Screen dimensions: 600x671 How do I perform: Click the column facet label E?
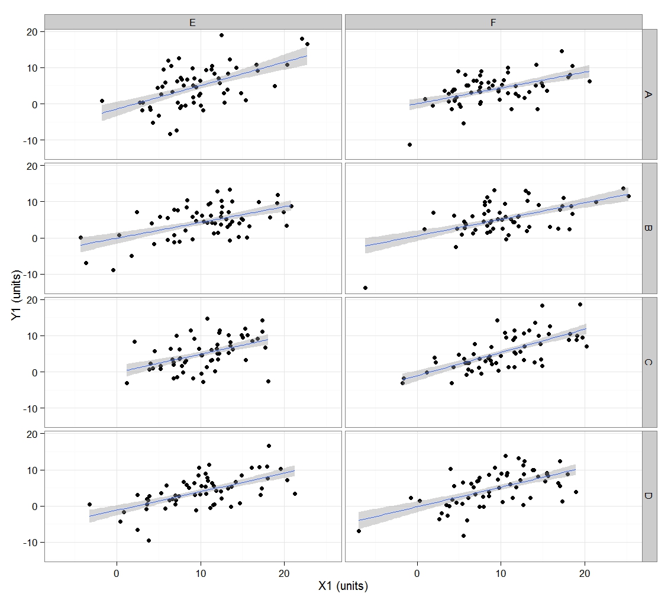point(193,22)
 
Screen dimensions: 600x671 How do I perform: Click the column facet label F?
point(493,22)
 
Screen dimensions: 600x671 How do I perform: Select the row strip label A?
point(649,94)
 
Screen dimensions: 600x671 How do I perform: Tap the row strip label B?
point(649,228)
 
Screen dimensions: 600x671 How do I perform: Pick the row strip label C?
point(649,362)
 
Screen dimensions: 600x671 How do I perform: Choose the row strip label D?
point(649,496)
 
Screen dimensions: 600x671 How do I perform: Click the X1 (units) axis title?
point(343,586)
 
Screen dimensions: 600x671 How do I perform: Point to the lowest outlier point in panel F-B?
point(365,288)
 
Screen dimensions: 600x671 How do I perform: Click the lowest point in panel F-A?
point(409,144)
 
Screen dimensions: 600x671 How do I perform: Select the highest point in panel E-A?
point(221,35)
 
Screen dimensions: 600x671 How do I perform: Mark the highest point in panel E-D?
point(269,446)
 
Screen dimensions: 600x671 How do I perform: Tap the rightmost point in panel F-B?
point(628,196)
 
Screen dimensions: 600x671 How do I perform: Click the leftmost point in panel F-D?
point(359,531)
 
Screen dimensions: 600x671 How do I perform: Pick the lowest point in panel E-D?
point(149,540)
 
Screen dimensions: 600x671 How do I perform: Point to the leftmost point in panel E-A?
point(102,101)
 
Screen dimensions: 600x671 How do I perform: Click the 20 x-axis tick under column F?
point(585,572)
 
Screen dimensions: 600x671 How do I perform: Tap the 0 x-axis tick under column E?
point(117,572)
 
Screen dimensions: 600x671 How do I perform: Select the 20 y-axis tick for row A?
point(33,31)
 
